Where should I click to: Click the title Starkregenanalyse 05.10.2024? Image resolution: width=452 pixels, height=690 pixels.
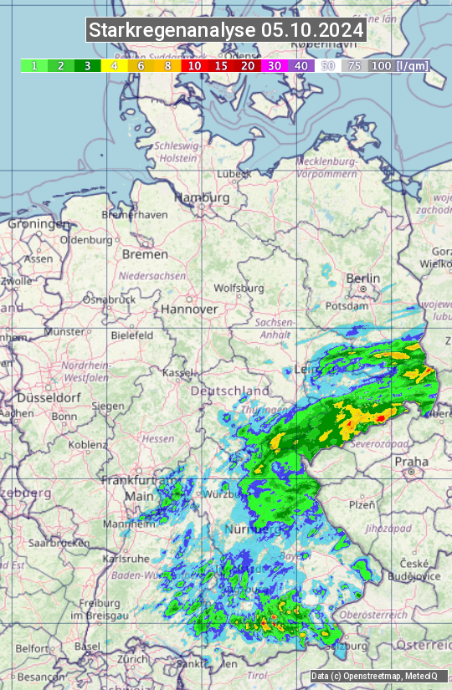pyautogui.click(x=226, y=31)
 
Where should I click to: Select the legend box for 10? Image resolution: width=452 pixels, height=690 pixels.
pyautogui.click(x=195, y=65)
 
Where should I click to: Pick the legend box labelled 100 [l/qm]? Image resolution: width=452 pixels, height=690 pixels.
pyautogui.click(x=398, y=65)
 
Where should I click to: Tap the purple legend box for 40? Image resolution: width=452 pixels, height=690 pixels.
pyautogui.click(x=300, y=65)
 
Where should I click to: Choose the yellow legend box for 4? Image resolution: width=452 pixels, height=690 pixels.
pyautogui.click(x=114, y=65)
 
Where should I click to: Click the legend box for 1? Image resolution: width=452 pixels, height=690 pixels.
pyautogui.click(x=33, y=65)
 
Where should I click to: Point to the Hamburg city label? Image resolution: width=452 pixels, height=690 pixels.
pyautogui.click(x=202, y=198)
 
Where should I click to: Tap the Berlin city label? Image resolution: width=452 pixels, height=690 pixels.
pyautogui.click(x=363, y=279)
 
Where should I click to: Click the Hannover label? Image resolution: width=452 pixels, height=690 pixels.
pyautogui.click(x=189, y=309)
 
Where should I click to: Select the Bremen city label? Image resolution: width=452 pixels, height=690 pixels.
pyautogui.click(x=145, y=254)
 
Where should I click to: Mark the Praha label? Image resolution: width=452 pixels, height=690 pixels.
pyautogui.click(x=412, y=461)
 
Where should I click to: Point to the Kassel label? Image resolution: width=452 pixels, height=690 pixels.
pyautogui.click(x=177, y=371)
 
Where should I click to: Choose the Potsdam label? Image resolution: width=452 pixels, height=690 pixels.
pyautogui.click(x=347, y=306)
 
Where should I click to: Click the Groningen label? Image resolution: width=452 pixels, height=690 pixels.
pyautogui.click(x=39, y=224)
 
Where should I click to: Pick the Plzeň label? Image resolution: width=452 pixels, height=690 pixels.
pyautogui.click(x=362, y=505)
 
